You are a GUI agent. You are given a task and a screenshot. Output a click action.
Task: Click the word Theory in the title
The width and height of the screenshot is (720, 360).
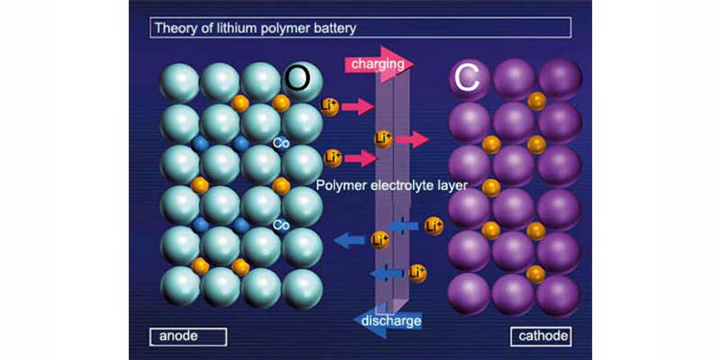click(x=175, y=28)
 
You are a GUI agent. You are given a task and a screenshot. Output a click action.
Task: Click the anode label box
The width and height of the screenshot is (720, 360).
click(x=187, y=337)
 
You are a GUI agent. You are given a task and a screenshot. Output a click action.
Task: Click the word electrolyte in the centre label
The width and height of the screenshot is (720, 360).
click(x=396, y=186)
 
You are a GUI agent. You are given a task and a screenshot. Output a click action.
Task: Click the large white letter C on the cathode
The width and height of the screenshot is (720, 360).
click(x=465, y=79)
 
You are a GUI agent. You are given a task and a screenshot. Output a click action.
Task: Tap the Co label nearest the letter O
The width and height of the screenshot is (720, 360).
click(x=280, y=143)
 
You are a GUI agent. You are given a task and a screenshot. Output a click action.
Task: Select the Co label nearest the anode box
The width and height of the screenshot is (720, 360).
click(x=280, y=224)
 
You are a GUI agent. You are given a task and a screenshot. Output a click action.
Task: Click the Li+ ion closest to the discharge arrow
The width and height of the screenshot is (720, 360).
click(x=418, y=272)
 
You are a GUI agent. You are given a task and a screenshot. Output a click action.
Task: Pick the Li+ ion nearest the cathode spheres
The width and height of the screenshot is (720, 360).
click(x=434, y=224)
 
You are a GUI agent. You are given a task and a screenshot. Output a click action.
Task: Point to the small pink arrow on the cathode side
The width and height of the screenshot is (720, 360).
click(x=412, y=139)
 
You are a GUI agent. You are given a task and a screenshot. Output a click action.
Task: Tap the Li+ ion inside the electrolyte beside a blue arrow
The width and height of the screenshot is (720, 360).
click(x=381, y=239)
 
